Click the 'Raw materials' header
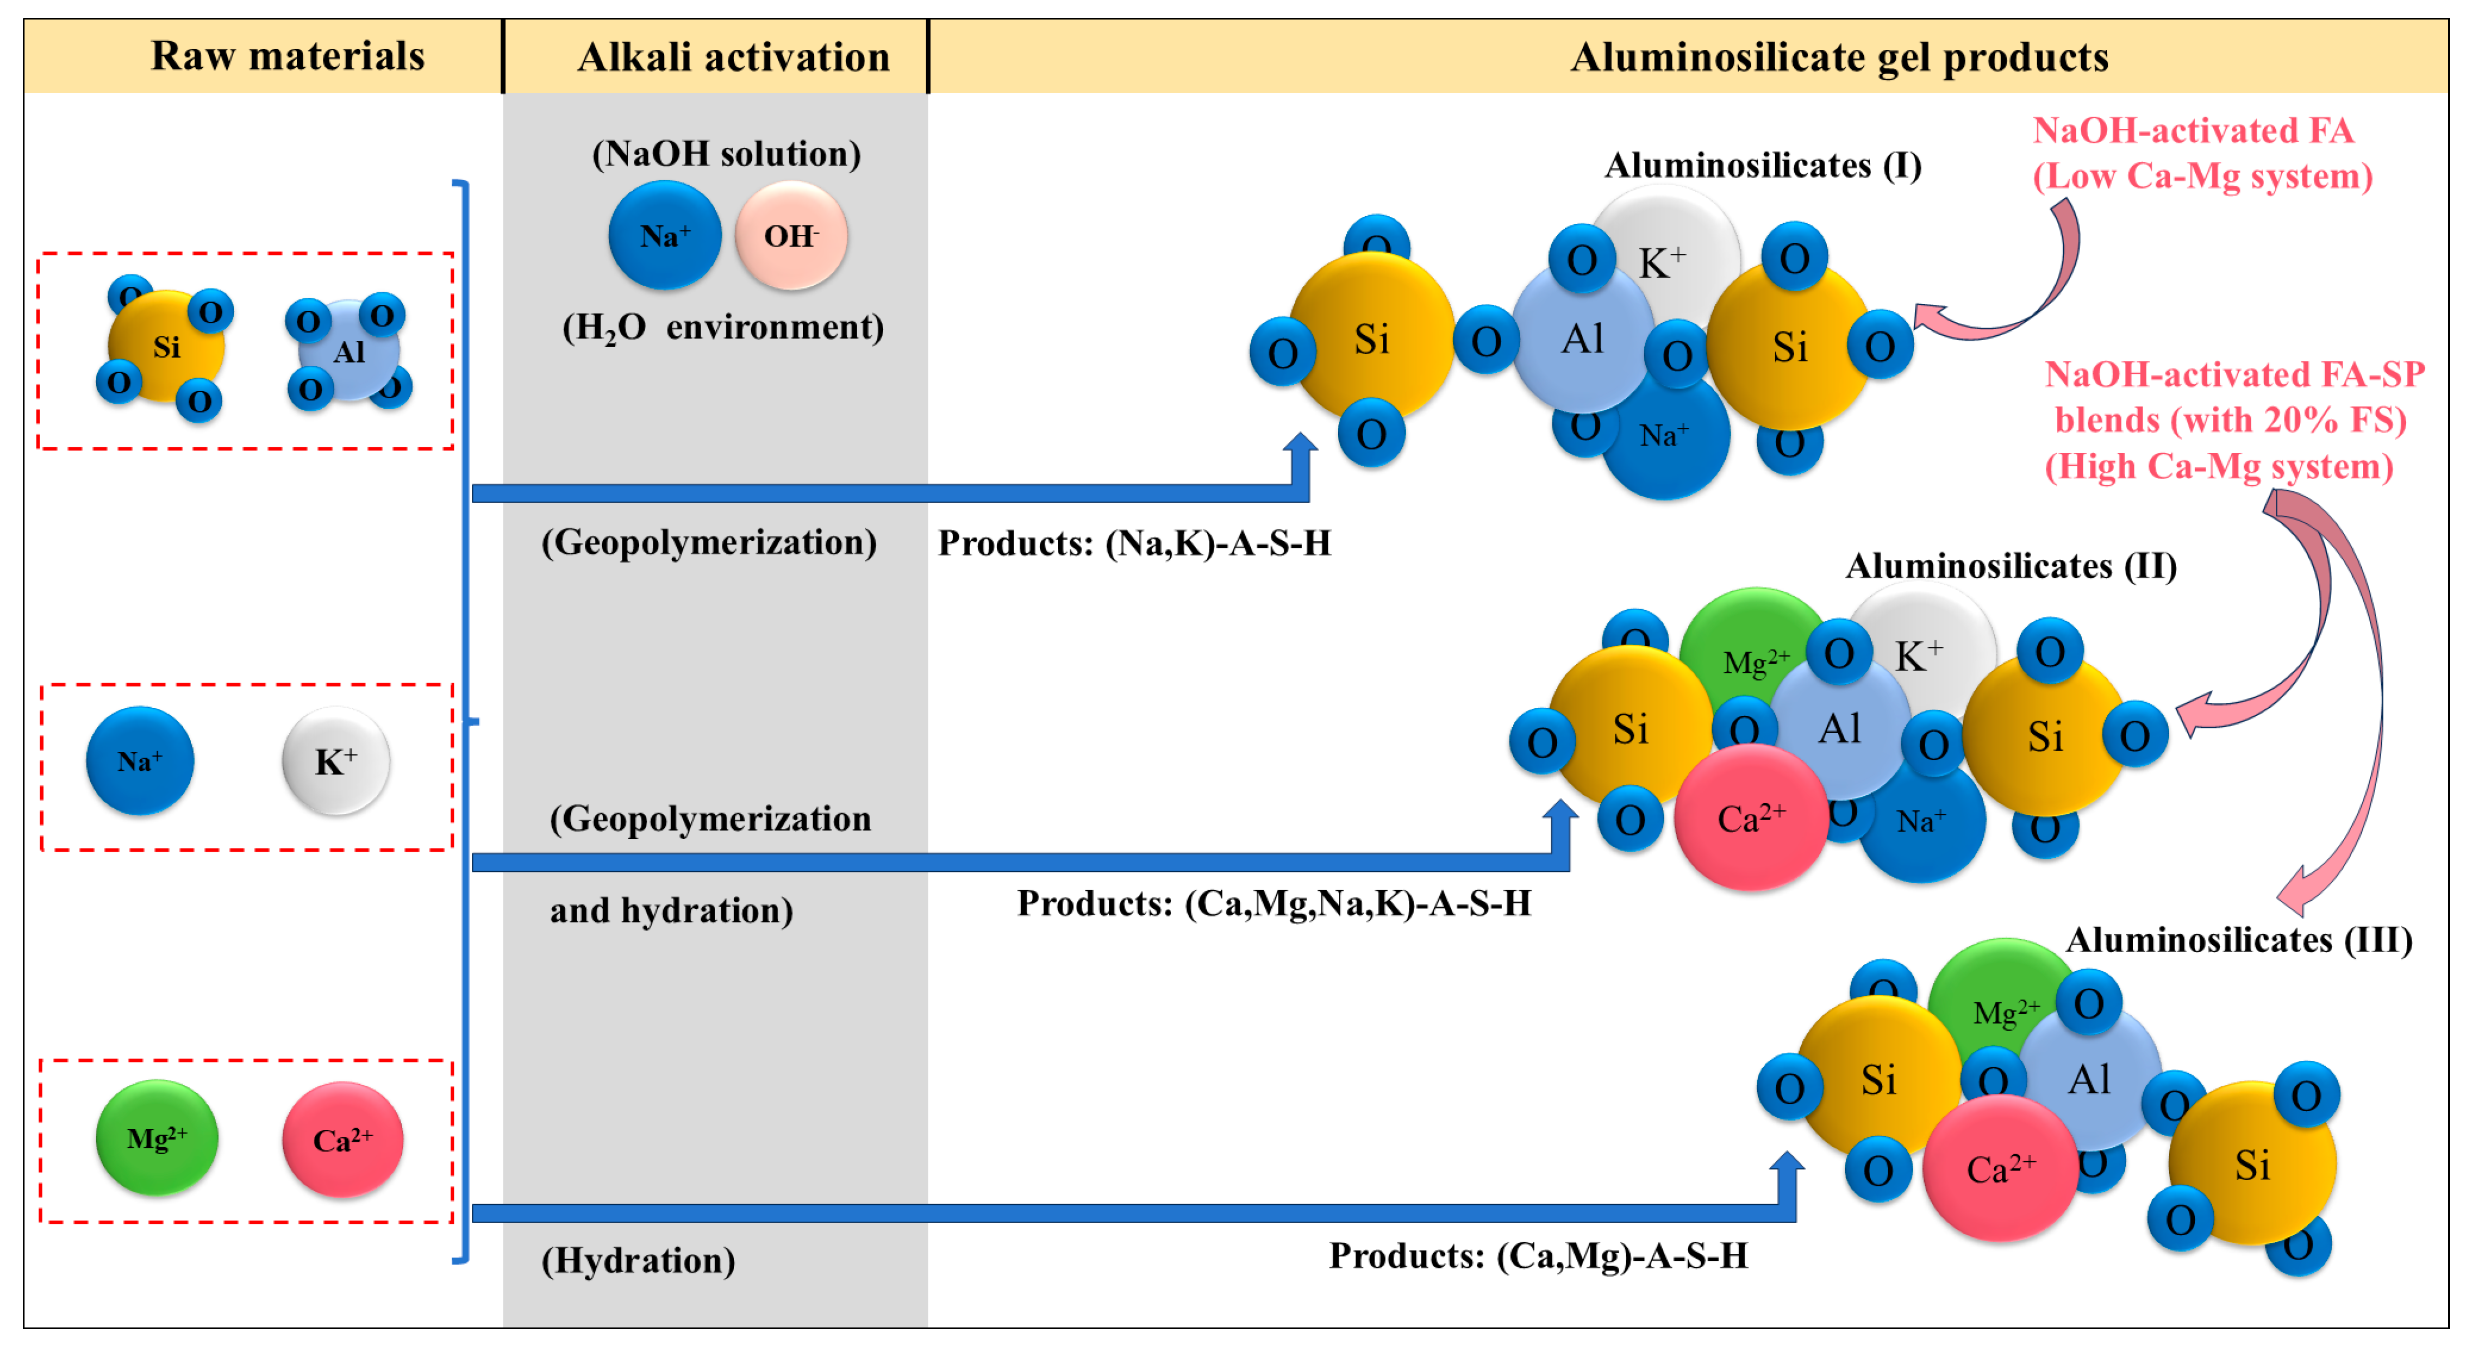pyautogui.click(x=287, y=56)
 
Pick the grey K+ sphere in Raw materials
pyautogui.click(x=336, y=761)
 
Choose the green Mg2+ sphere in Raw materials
pyautogui.click(x=157, y=1138)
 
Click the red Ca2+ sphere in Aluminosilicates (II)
pyautogui.click(x=1751, y=818)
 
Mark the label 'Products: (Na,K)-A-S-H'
pyautogui.click(x=1134, y=543)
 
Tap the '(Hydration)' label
pyautogui.click(x=638, y=1260)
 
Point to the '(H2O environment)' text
pyautogui.click(x=722, y=328)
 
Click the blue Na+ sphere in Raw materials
pyautogui.click(x=140, y=761)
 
